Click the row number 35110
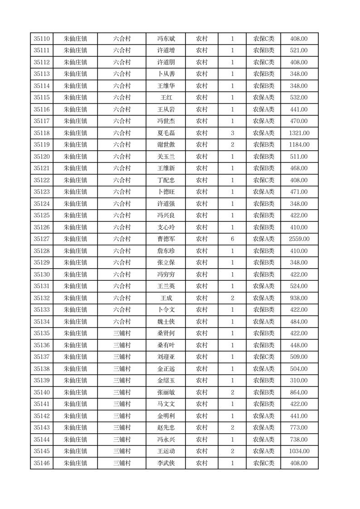coord(42,39)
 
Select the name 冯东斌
coord(165,39)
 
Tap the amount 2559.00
coord(299,239)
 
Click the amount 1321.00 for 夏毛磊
coord(299,133)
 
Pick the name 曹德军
coord(165,239)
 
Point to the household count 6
coord(232,239)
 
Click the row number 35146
coord(42,463)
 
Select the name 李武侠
coord(165,463)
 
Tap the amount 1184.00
coord(299,145)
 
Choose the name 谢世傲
coord(165,145)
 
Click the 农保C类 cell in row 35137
coord(263,357)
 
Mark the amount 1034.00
coord(299,451)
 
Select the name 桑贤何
coord(165,333)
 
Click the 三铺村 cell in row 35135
coord(122,333)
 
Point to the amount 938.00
coord(299,298)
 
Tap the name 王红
coord(165,98)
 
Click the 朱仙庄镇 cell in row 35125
coord(75,215)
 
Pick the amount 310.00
coord(299,381)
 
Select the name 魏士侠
coord(165,322)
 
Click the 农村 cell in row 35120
coord(201,157)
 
